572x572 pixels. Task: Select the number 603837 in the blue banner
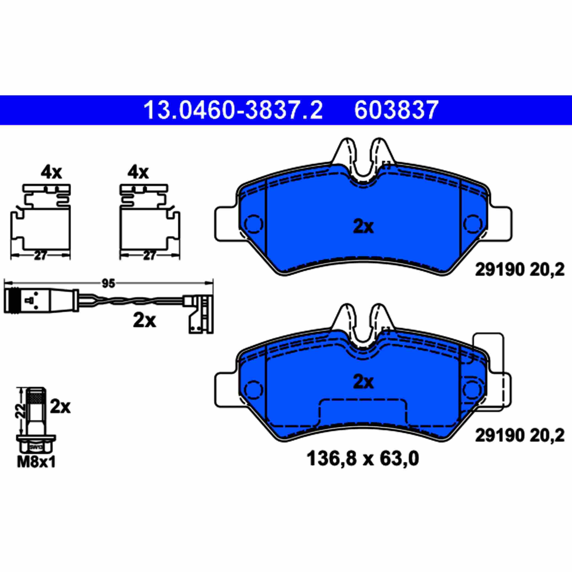click(x=396, y=110)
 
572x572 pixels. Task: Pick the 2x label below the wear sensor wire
click(x=144, y=320)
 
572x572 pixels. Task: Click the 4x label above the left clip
click(x=51, y=173)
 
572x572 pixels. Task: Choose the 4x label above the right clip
click(x=138, y=173)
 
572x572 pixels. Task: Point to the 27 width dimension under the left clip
click(x=40, y=256)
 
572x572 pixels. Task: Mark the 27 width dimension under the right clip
click(x=149, y=256)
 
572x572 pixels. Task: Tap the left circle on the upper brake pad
click(x=255, y=224)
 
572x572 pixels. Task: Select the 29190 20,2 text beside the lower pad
click(x=520, y=436)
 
